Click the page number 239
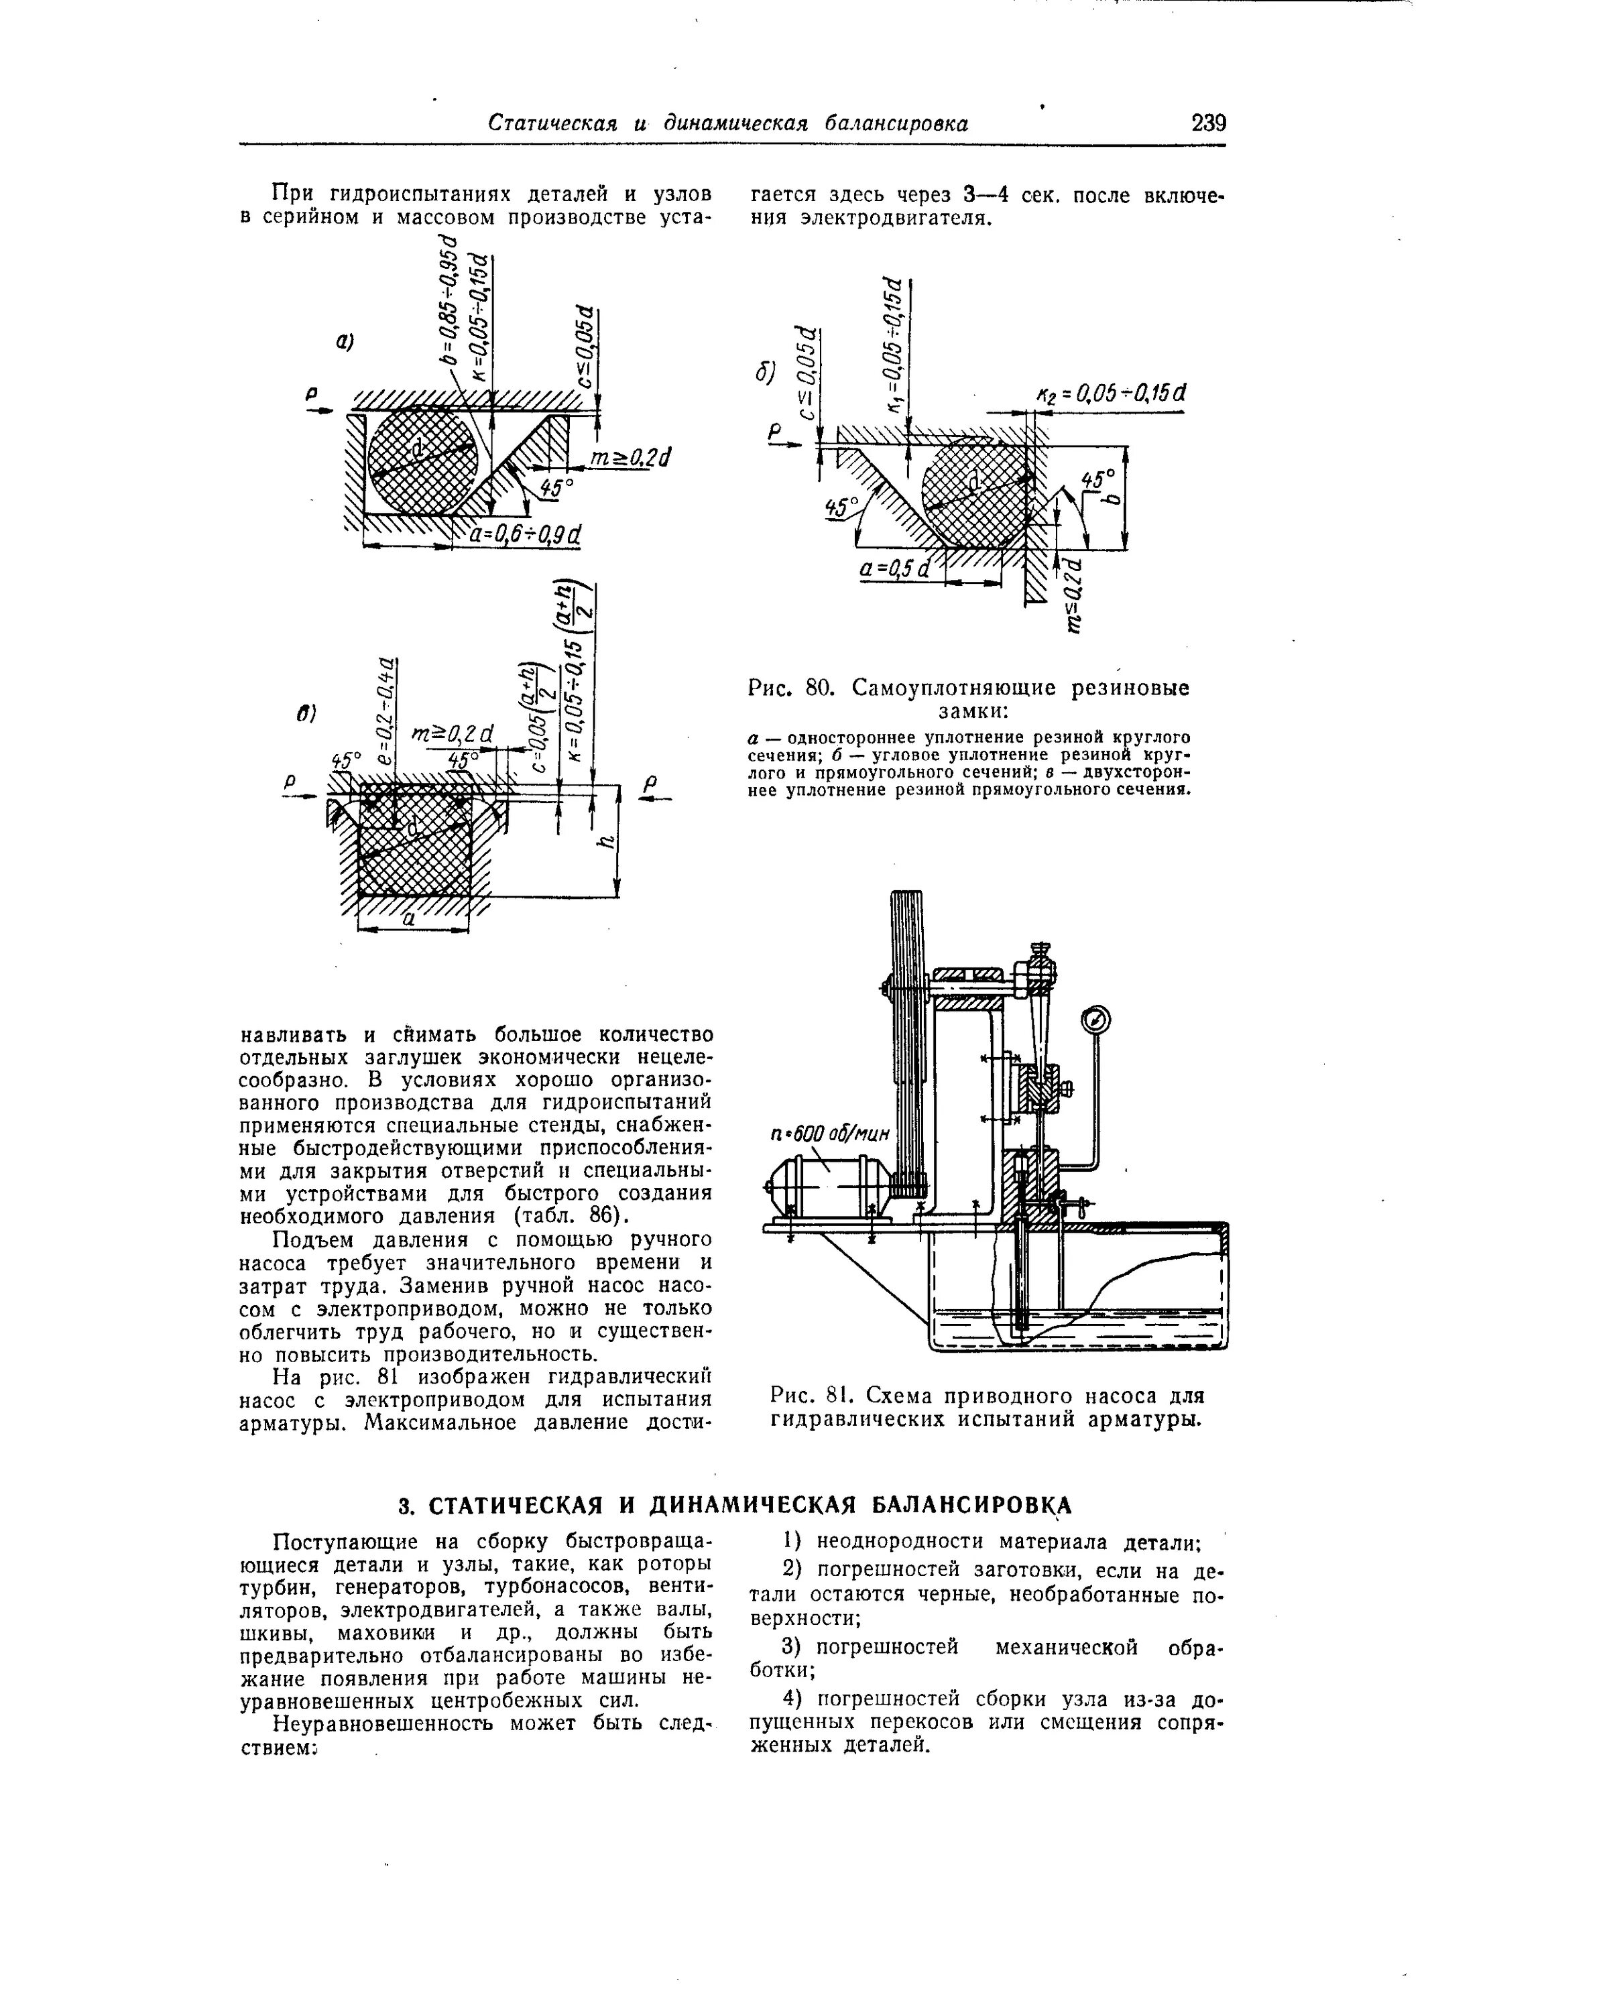pyautogui.click(x=1208, y=123)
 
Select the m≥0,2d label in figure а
pyautogui.click(x=632, y=458)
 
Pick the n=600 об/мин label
pyautogui.click(x=830, y=1134)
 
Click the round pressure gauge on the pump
pyautogui.click(x=1096, y=1018)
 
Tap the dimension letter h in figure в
pyautogui.click(x=607, y=841)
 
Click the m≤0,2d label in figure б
pyautogui.click(x=1073, y=595)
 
